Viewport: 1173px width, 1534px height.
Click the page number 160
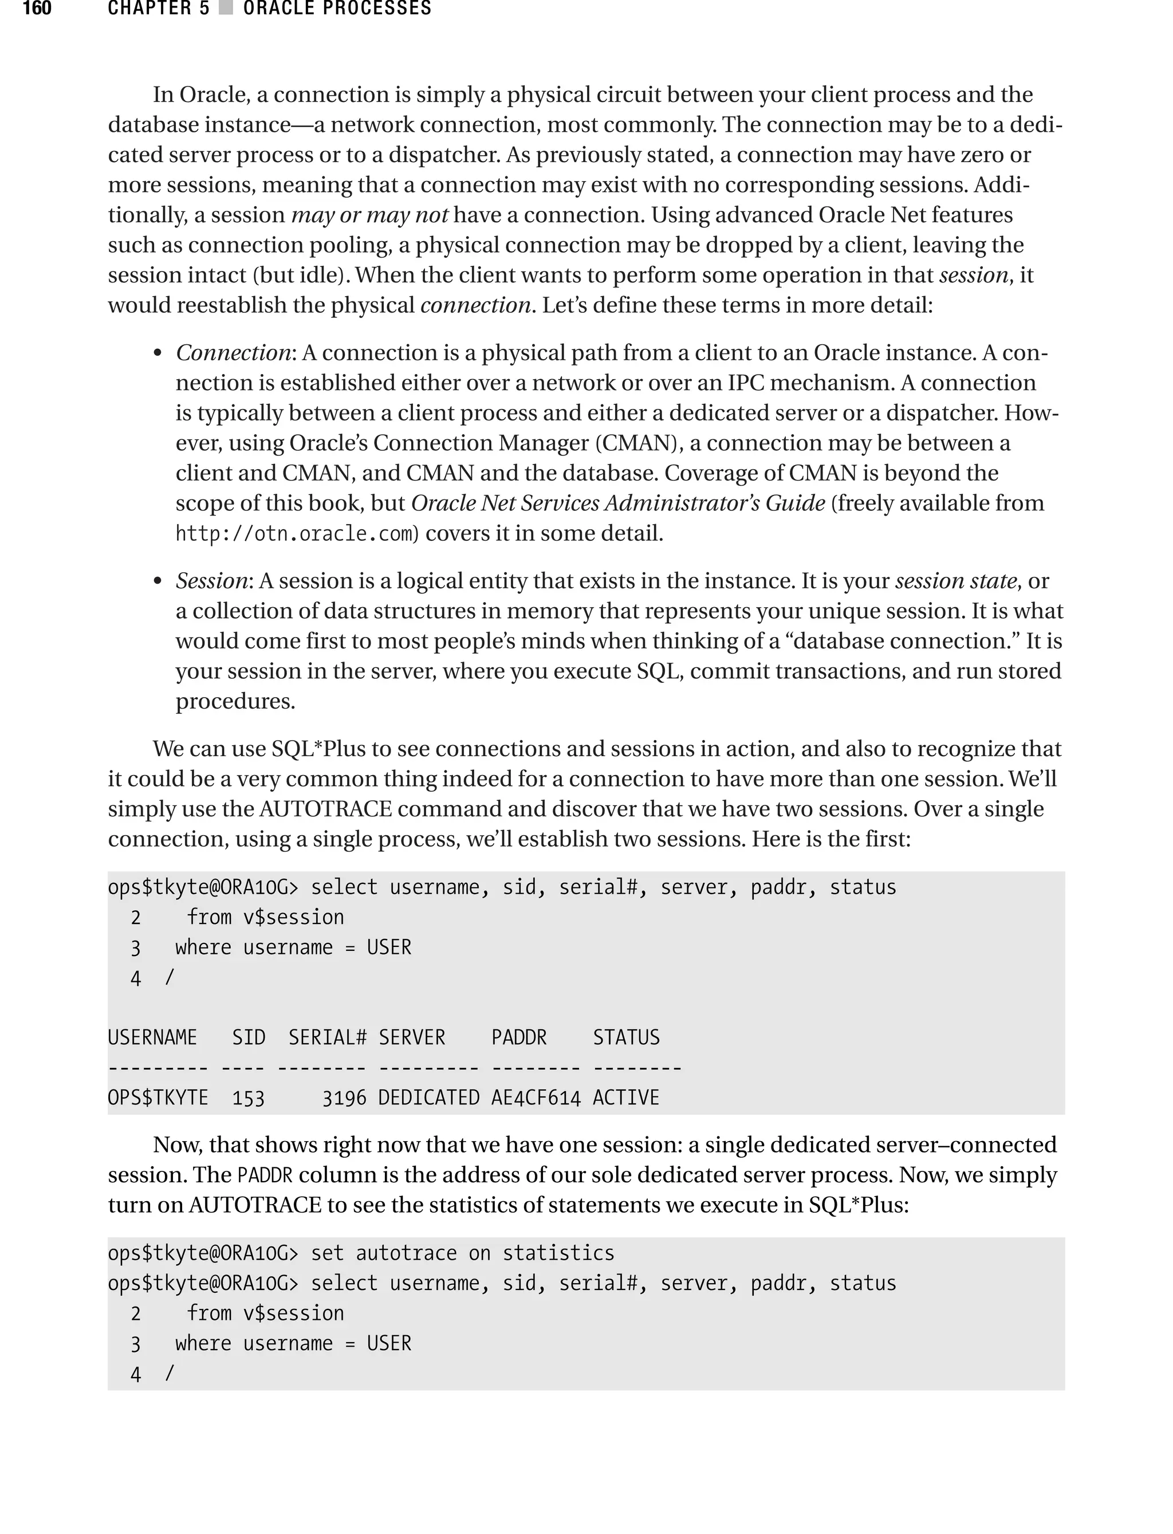(37, 9)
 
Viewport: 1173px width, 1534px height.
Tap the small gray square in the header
(225, 9)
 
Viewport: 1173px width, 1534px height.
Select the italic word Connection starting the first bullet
(233, 353)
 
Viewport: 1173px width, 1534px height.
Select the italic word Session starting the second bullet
(211, 581)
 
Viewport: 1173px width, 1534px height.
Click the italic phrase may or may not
(369, 215)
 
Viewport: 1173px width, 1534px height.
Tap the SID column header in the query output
(249, 1037)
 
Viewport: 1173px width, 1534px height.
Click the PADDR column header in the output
(519, 1037)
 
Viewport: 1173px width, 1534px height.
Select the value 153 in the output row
(249, 1098)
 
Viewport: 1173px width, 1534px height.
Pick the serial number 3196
(344, 1098)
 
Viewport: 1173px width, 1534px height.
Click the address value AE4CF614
(536, 1098)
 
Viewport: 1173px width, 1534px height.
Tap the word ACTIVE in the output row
(625, 1098)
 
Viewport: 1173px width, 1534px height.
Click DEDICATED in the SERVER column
(428, 1098)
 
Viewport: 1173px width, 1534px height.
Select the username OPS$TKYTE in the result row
(158, 1098)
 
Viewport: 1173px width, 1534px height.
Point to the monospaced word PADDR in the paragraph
(265, 1176)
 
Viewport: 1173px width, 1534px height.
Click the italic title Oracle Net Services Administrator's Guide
(618, 504)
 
